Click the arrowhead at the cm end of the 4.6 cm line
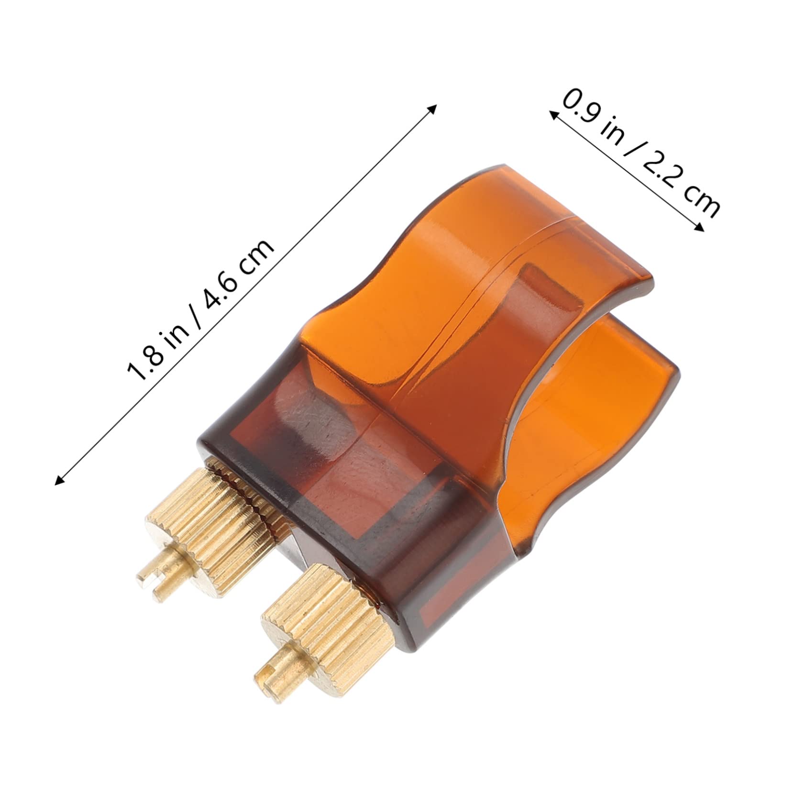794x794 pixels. point(432,109)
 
